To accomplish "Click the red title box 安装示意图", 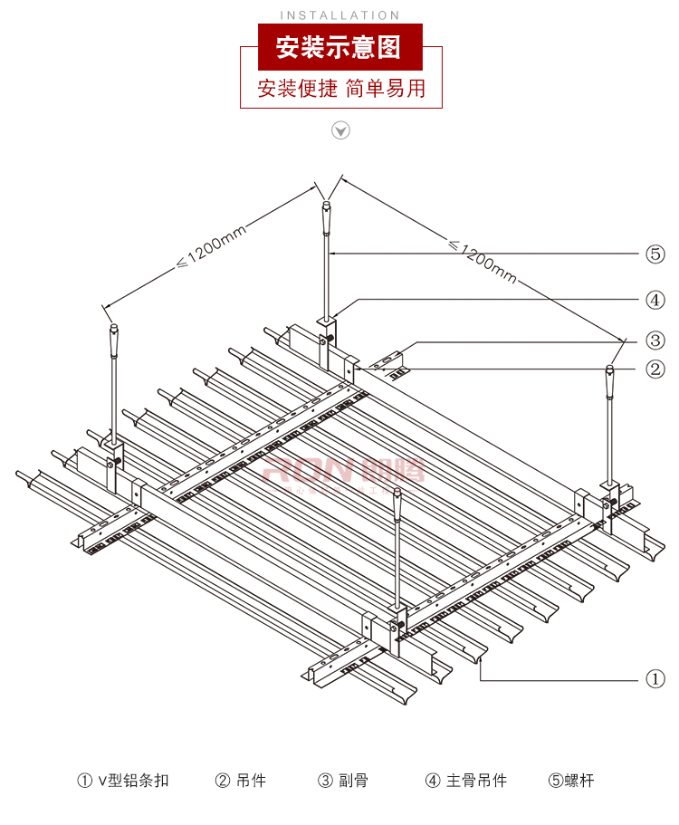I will [x=339, y=48].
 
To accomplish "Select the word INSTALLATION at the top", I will [x=339, y=15].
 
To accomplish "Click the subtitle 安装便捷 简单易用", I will [x=340, y=89].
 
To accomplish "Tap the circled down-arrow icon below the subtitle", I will [x=340, y=131].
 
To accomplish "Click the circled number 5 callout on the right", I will [x=655, y=254].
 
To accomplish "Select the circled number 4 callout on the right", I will [x=655, y=299].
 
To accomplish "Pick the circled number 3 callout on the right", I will [x=655, y=341].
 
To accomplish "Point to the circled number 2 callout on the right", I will [x=655, y=369].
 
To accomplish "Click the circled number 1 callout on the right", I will [x=655, y=678].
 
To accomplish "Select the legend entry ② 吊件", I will [x=241, y=780].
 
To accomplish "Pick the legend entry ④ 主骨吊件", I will [x=466, y=780].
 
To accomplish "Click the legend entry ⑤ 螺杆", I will [x=570, y=780].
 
